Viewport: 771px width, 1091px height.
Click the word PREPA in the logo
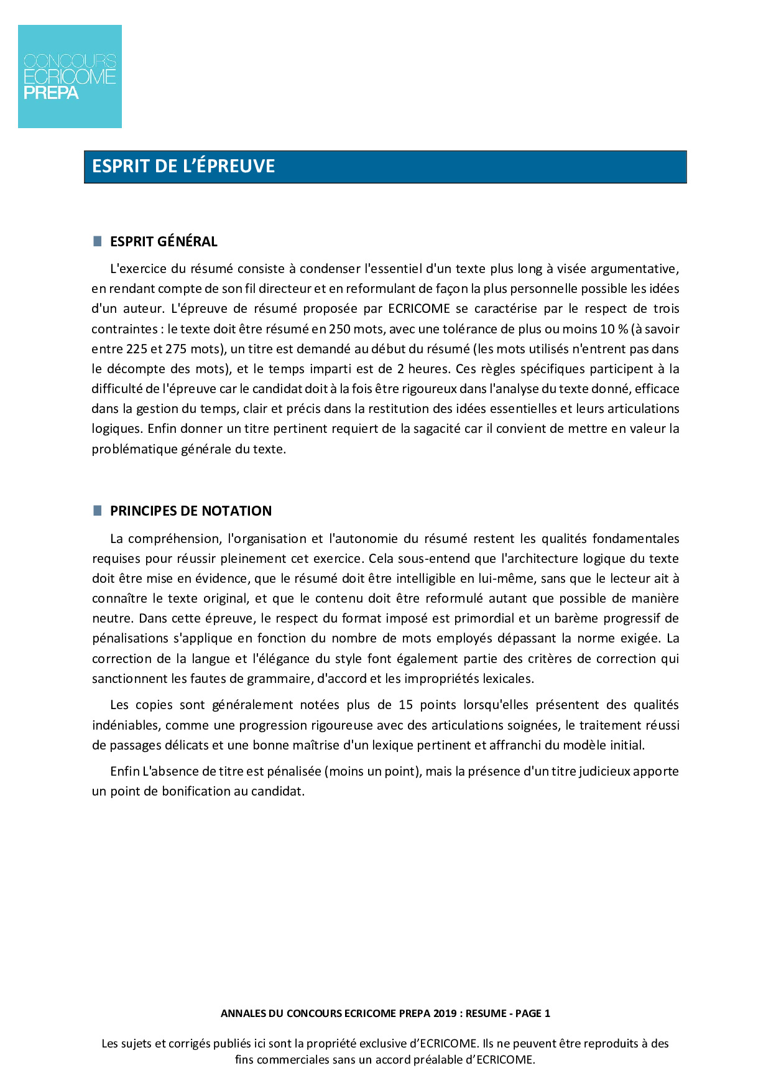51,93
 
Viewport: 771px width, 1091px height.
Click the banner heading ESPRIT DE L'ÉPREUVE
183,166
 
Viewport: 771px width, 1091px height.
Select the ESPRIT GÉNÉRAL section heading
164,241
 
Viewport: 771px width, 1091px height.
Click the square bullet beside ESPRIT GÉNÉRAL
97,241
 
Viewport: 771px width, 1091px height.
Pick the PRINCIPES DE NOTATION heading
191,511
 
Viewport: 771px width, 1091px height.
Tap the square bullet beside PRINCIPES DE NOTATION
97,511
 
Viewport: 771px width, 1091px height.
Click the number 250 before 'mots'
339,329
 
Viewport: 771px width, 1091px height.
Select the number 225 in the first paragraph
136,349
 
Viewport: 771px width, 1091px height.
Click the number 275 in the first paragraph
176,349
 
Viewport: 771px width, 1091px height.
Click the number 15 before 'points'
406,705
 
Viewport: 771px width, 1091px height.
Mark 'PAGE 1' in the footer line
533,1013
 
